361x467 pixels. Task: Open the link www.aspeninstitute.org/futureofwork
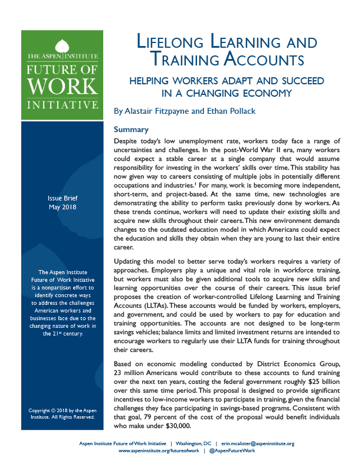pos(159,450)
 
